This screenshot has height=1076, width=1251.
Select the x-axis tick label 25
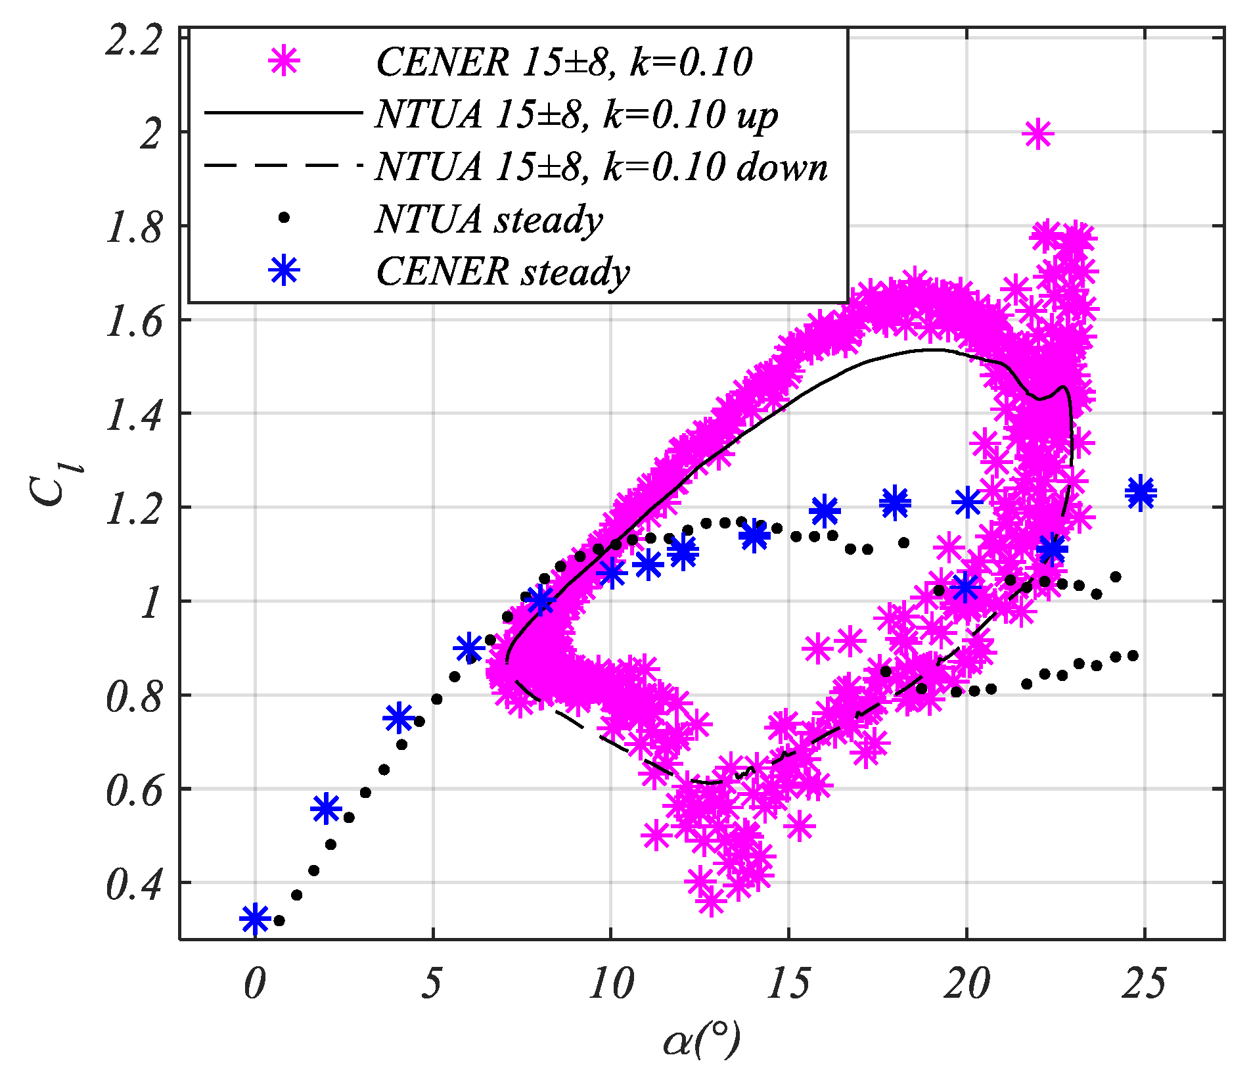[x=1144, y=984]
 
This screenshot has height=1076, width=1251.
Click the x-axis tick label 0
[x=254, y=984]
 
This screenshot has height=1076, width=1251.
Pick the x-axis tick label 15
[x=788, y=984]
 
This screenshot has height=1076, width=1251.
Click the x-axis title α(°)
[x=701, y=1041]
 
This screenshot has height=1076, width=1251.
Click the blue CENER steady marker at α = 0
[x=255, y=918]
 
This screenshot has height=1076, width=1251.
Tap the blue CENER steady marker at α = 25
[x=1141, y=492]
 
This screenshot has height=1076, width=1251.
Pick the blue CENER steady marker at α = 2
[x=326, y=808]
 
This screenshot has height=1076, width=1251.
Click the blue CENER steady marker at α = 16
[x=825, y=511]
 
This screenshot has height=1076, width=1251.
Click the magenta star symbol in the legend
[x=284, y=62]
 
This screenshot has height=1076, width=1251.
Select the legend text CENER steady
[x=503, y=271]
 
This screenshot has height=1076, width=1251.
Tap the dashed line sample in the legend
[x=283, y=166]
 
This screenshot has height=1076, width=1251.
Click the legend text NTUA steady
[x=489, y=219]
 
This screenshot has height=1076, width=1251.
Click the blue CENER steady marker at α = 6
[x=468, y=649]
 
